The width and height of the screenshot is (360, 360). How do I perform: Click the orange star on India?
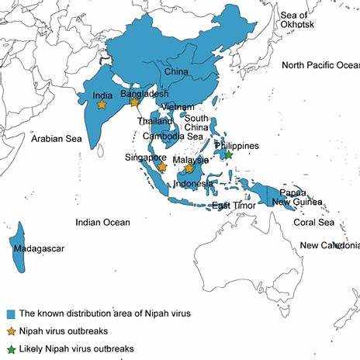point(101,105)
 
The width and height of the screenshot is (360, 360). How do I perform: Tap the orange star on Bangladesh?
point(134,102)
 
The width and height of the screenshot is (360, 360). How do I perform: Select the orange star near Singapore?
point(162,166)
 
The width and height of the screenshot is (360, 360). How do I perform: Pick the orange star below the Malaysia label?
point(189,168)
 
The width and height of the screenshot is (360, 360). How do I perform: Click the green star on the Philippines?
point(228,155)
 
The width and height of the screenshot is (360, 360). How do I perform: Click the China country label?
point(176,73)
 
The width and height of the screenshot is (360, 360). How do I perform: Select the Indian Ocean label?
point(102,223)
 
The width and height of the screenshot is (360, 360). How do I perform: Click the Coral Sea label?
point(313,223)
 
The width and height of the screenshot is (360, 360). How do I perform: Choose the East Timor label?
point(231,206)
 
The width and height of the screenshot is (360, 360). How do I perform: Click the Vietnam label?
point(178,106)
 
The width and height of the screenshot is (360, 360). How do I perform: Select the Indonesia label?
point(193,184)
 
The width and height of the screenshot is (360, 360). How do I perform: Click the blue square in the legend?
point(11,314)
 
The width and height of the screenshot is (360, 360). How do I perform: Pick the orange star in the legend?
point(11,331)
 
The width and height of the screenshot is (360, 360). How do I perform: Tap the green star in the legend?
point(11,349)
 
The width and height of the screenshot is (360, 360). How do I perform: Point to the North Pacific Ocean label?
point(320,65)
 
